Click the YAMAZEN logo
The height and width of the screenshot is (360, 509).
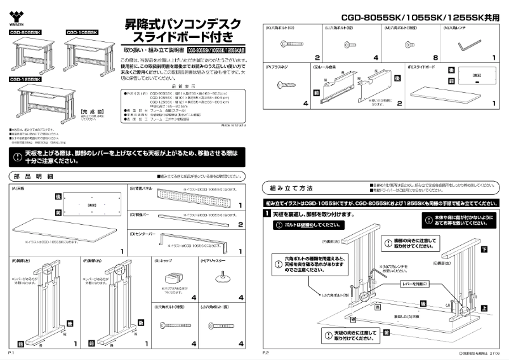pyautogui.click(x=17, y=18)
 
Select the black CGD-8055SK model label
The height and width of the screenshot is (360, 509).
pyautogui.click(x=25, y=32)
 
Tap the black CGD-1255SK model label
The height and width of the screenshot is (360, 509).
pyautogui.click(x=25, y=80)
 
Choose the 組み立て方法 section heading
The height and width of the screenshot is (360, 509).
pyautogui.click(x=291, y=189)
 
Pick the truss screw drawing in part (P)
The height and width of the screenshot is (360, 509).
pyautogui.click(x=284, y=84)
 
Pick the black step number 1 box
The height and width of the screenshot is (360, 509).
pyautogui.click(x=268, y=215)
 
